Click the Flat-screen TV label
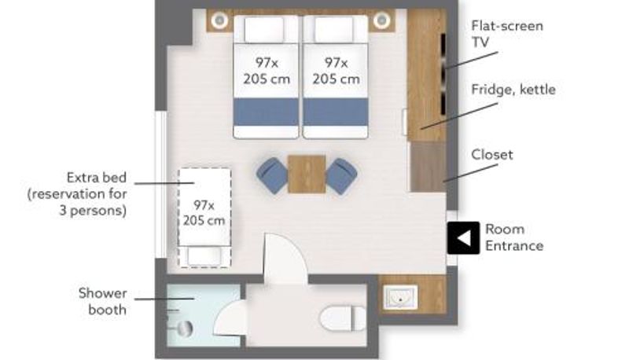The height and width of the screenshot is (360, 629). coord(507,34)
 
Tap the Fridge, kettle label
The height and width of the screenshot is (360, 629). coord(513,90)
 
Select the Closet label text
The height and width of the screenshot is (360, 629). coord(492,155)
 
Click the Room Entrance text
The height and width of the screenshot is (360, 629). coord(514,237)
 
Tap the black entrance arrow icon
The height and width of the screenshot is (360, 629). coord(463,238)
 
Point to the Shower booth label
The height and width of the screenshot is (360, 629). coord(103,302)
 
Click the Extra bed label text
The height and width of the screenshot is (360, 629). coord(77,194)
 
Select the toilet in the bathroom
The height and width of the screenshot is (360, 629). coord(343,318)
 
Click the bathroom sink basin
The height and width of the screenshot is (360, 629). coord(400,297)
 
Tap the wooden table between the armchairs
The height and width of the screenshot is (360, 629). coord(307,174)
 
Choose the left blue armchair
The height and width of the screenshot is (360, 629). coord(272,175)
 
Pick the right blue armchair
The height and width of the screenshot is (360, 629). coord(341,175)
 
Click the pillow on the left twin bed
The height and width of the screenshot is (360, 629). coord(264,29)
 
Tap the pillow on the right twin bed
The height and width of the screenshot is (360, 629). coord(333,29)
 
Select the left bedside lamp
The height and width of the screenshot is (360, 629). coord(220,20)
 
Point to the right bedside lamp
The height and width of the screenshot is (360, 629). coord(381,20)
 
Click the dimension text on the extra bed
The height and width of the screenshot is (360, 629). coord(204,212)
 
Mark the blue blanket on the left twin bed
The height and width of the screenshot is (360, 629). coord(266,112)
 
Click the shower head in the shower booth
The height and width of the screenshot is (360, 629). coord(185,329)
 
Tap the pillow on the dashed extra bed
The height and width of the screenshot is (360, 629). coord(204,256)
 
